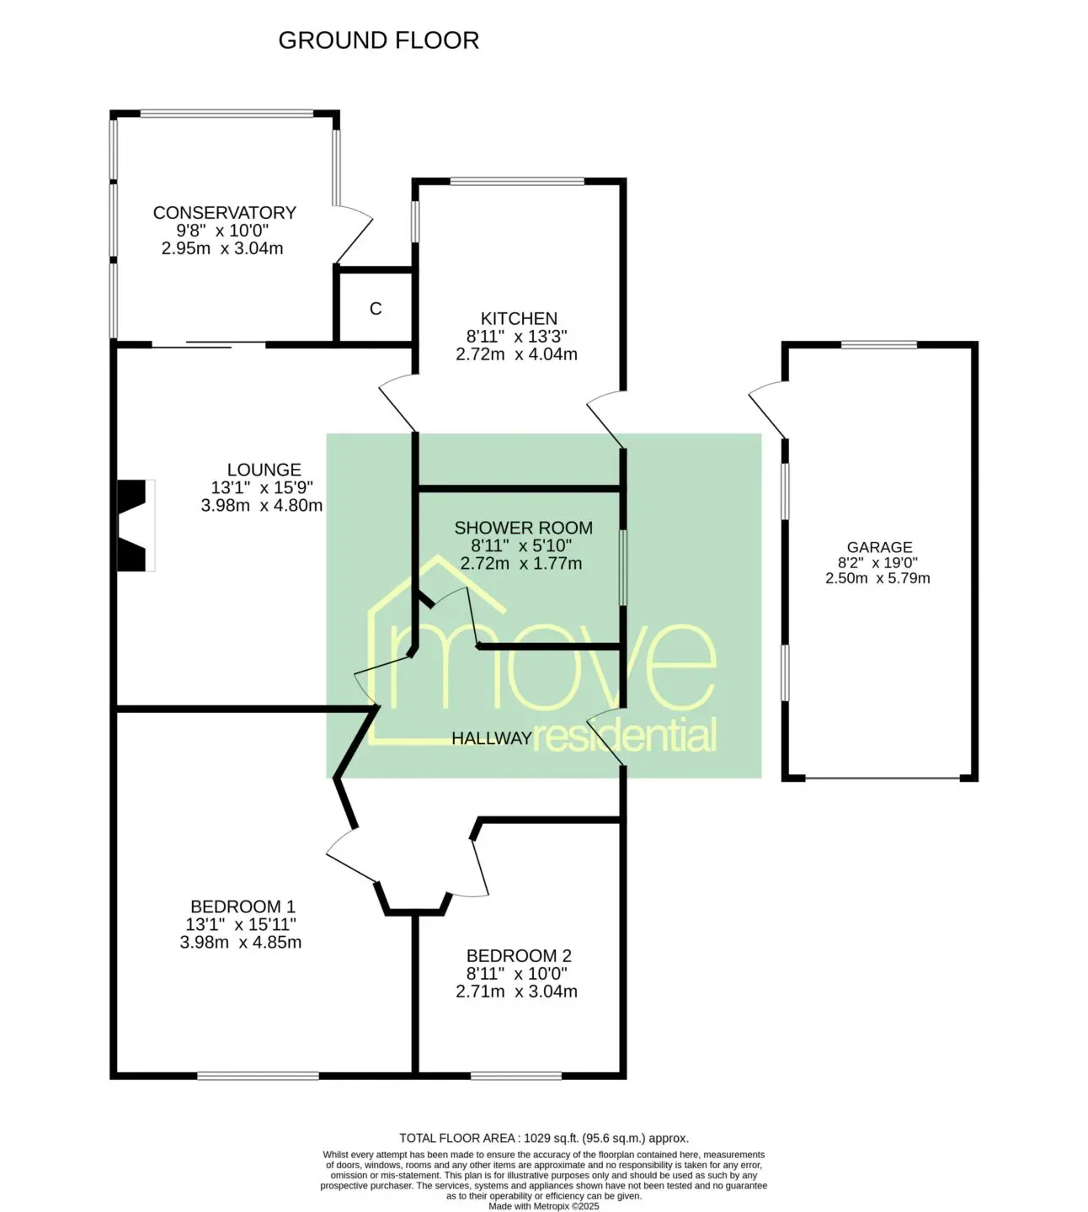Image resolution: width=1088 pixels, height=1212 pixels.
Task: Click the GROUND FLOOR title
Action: tap(378, 40)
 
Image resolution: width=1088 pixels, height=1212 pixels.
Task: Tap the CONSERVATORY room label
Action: tap(225, 212)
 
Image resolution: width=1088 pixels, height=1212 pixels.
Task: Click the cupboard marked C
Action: tap(376, 308)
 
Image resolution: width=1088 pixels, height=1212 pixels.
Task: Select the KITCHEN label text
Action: tap(519, 318)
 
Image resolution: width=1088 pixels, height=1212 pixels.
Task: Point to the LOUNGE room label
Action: tap(264, 470)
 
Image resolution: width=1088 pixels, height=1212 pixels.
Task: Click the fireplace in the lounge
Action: tap(136, 525)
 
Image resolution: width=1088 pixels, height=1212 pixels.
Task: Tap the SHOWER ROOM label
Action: tap(523, 528)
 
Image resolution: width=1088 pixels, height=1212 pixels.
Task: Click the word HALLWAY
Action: tap(491, 738)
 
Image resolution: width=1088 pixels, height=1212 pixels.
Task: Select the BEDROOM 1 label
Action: tap(243, 906)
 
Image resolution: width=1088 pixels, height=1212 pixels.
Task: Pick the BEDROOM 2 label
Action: tap(519, 955)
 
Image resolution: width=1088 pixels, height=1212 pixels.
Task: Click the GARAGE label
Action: tap(879, 547)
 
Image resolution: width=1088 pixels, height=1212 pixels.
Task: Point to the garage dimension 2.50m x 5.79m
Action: tap(877, 578)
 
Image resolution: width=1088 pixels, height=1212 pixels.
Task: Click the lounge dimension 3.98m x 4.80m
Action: tap(262, 505)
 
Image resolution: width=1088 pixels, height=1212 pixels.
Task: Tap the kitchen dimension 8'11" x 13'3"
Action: tap(516, 336)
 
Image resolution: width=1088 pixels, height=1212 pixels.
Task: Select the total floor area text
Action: tap(544, 1138)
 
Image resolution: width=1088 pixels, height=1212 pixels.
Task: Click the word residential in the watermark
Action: tap(624, 735)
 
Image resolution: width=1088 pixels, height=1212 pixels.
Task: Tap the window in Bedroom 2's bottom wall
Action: tap(516, 1076)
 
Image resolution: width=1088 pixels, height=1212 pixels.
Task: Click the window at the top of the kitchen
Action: tap(517, 181)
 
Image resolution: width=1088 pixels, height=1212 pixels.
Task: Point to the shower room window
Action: tap(623, 566)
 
